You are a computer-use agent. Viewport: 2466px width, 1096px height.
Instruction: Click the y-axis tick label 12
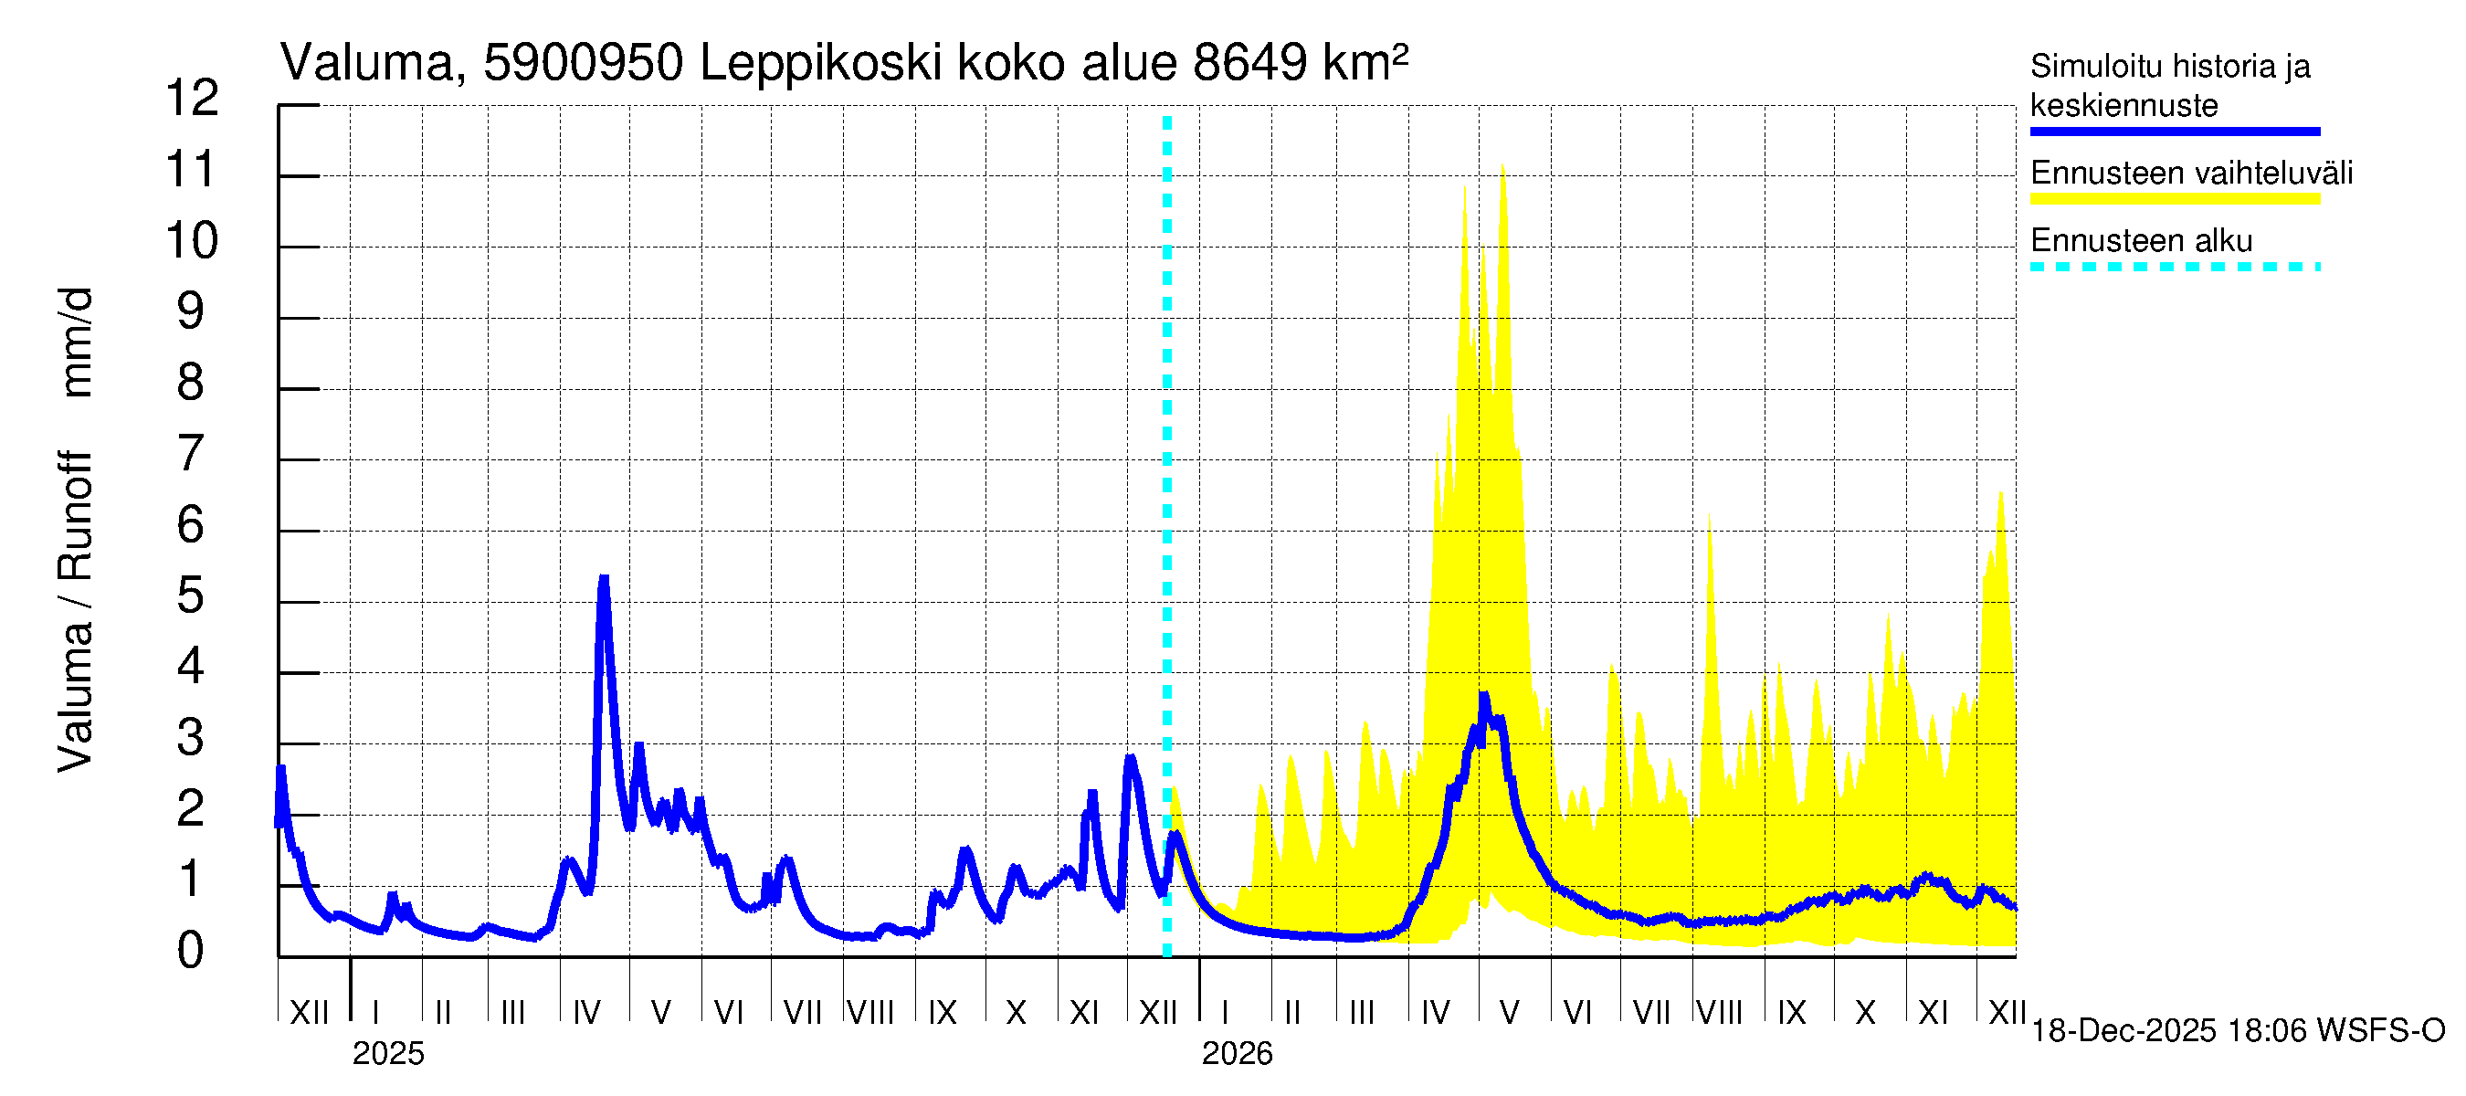pos(192,99)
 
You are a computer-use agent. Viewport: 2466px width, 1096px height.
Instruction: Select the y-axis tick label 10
pos(192,241)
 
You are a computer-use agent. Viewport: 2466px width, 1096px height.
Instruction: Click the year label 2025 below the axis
pos(387,1054)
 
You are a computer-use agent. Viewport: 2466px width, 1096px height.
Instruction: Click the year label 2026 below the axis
pos(1237,1054)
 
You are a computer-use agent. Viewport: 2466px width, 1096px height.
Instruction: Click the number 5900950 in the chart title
pos(583,64)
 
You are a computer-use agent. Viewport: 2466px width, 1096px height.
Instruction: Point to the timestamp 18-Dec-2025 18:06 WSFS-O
pos(2237,1031)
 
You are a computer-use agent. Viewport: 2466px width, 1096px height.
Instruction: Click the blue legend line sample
pos(2174,132)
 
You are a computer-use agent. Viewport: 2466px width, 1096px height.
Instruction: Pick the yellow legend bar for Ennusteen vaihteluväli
pos(2174,199)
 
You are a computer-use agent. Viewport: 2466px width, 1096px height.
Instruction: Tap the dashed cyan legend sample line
pos(2174,267)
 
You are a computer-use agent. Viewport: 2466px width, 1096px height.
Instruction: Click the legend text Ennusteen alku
pos(2141,240)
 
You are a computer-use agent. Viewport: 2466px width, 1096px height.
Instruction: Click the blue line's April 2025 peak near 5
pos(603,580)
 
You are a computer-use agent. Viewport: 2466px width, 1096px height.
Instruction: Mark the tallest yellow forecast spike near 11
pos(1502,168)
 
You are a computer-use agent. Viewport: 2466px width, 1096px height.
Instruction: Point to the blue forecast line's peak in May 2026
pos(1484,696)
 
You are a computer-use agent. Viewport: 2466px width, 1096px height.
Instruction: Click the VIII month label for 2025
pos(870,1012)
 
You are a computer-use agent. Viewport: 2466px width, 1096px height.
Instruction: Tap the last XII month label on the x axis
pos(2007,1012)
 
